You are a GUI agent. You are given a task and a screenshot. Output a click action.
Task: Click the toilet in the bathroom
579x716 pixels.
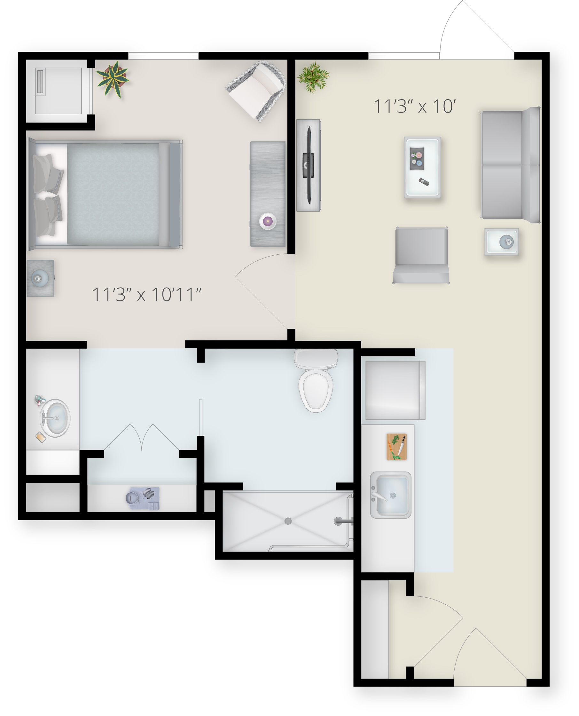(x=316, y=380)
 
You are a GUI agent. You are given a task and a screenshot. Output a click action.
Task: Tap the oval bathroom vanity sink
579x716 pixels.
(x=55, y=418)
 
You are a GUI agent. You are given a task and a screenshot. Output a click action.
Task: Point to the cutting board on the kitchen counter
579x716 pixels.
(x=396, y=447)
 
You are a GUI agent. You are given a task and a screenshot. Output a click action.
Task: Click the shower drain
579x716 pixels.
(x=288, y=521)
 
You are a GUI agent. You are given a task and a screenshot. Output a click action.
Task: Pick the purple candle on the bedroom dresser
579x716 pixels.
(x=268, y=221)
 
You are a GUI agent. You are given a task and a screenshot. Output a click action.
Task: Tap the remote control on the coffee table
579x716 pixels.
(x=424, y=182)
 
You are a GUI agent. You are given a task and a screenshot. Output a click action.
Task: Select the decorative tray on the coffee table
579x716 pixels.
(x=417, y=159)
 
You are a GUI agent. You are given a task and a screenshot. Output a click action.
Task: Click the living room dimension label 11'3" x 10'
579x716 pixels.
(x=415, y=107)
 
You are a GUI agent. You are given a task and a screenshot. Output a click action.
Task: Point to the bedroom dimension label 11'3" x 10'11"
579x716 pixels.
(x=147, y=294)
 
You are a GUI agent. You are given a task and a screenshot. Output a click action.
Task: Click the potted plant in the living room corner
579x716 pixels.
(x=313, y=77)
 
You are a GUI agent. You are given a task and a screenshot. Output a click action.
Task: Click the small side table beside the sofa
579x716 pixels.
(x=501, y=242)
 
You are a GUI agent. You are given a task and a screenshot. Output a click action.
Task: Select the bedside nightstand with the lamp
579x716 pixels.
(x=40, y=278)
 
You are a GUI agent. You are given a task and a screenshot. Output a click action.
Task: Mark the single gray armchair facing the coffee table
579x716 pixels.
(x=421, y=255)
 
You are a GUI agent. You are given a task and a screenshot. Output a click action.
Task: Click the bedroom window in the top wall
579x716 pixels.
(x=163, y=56)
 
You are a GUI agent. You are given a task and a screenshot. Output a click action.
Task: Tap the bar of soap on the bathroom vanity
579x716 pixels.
(x=41, y=437)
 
